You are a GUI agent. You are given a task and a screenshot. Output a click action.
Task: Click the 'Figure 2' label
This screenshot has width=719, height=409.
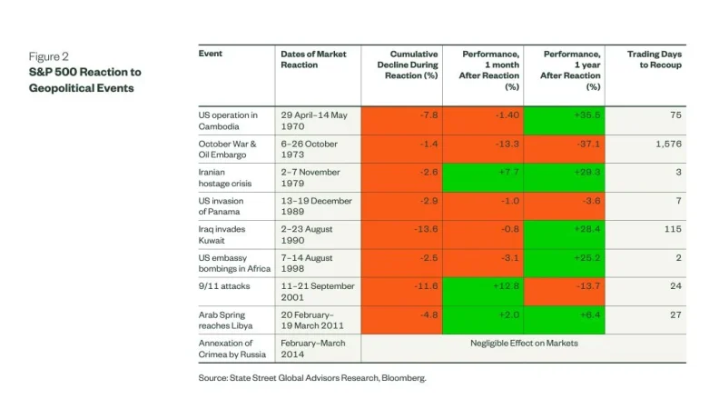point(48,56)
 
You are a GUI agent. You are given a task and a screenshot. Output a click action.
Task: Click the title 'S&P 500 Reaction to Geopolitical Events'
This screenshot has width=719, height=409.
point(84,79)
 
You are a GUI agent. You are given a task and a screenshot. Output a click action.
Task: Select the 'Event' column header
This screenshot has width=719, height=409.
point(211,54)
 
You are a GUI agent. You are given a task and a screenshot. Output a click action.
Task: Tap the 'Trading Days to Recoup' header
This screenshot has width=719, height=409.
point(655,60)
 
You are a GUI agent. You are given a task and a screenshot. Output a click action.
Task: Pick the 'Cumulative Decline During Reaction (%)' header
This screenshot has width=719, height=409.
point(407,65)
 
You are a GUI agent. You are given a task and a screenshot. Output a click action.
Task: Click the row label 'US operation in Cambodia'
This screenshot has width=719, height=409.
point(228,120)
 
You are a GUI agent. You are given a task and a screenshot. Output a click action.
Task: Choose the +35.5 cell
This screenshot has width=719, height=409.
point(565,115)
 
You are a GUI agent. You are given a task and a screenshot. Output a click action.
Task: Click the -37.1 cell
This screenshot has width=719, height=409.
point(565,144)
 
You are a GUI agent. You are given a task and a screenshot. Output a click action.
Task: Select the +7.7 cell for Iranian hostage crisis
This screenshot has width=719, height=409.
point(483,172)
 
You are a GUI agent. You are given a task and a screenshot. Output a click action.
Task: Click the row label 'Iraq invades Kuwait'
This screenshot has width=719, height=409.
point(222,234)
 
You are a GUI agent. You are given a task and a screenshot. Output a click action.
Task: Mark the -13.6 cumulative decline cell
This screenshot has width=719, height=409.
point(401,229)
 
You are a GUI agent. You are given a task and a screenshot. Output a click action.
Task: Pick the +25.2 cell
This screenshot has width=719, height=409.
point(565,257)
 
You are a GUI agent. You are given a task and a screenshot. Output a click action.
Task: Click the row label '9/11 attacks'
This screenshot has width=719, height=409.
point(219,285)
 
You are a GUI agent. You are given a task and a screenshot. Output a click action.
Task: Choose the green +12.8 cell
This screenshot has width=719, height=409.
point(483,285)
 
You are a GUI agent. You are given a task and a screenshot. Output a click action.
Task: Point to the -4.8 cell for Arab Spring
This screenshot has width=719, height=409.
point(401,314)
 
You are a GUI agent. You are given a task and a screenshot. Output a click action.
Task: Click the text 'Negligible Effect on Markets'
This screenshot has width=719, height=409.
point(523,343)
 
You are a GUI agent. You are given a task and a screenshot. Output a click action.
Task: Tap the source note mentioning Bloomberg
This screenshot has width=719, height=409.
point(312,378)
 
